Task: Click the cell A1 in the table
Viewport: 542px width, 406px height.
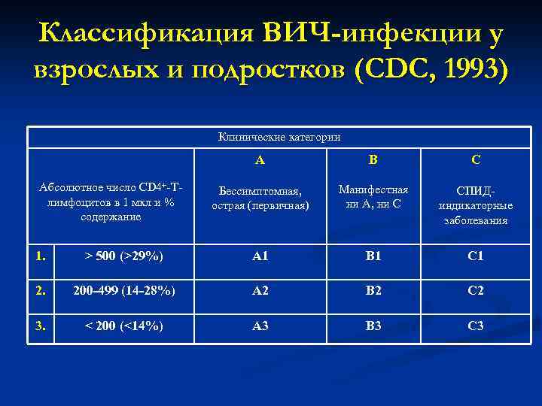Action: coord(260,256)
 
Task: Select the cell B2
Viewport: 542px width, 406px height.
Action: coord(373,291)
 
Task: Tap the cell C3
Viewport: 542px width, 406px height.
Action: coord(475,326)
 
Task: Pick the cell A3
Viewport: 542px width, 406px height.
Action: coord(260,326)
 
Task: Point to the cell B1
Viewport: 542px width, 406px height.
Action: coord(373,256)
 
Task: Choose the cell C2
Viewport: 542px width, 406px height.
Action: coord(475,291)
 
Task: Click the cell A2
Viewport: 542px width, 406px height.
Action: coord(260,291)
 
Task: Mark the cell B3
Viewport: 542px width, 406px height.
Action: coord(373,326)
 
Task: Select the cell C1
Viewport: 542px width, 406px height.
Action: coord(475,256)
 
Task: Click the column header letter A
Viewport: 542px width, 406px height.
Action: coord(260,159)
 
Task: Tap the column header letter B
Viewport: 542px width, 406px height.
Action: coord(373,159)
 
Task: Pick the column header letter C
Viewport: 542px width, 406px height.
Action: coord(475,159)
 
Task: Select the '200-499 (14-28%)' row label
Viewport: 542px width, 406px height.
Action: coord(123,291)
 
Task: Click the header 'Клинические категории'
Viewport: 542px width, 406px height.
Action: coord(279,137)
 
